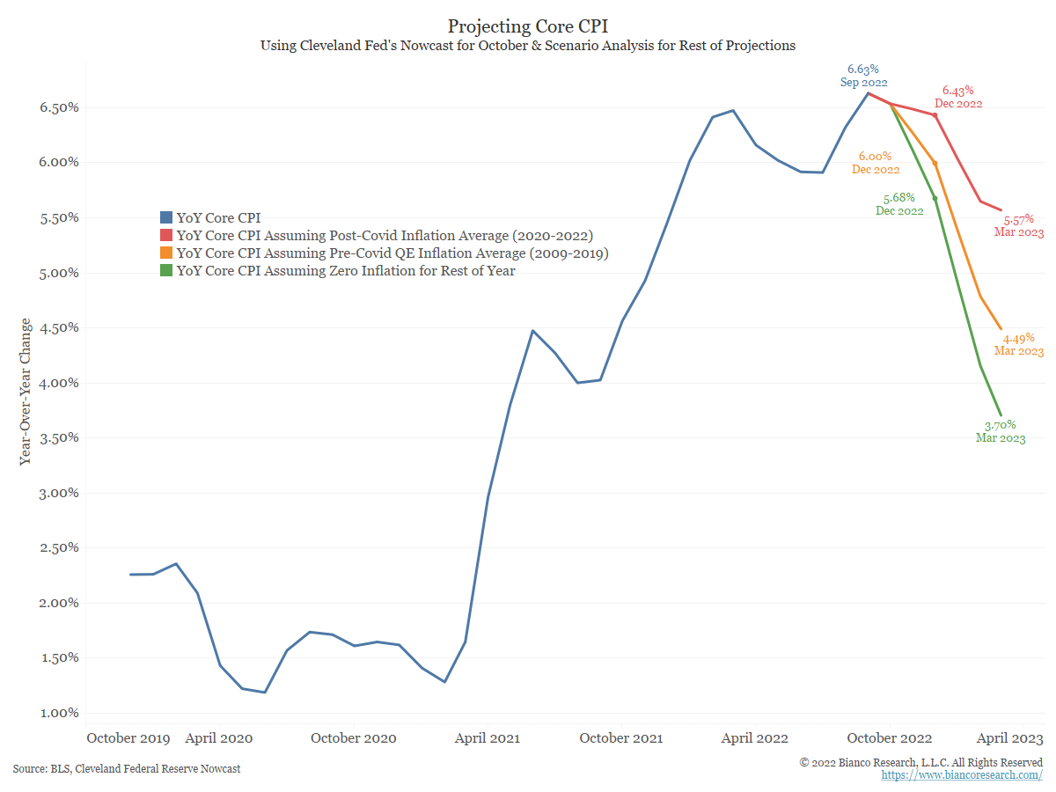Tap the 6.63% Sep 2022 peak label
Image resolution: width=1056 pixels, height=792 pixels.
(x=862, y=76)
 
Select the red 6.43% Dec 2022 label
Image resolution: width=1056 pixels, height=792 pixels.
(x=957, y=97)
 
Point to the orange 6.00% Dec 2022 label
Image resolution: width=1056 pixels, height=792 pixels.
(x=876, y=163)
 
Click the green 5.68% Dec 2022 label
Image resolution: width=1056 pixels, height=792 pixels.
(x=899, y=204)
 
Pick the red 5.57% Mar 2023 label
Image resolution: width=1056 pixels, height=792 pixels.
(x=1020, y=226)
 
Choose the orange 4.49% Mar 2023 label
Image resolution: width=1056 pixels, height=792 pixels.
(x=1019, y=344)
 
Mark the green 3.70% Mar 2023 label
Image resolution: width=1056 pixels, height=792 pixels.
(x=1001, y=431)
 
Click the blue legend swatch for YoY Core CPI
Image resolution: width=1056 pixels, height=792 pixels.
(x=165, y=217)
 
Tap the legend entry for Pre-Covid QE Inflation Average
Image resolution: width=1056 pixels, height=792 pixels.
(x=392, y=253)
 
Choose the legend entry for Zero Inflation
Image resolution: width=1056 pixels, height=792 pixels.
(x=346, y=271)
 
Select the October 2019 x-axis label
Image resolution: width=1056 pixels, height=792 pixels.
(x=129, y=738)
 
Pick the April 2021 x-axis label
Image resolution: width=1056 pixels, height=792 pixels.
(x=487, y=738)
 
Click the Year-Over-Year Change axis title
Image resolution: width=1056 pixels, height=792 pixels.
(x=26, y=392)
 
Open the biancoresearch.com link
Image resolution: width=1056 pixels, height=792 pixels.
(x=962, y=775)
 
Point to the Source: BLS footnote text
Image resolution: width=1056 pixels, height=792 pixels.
(x=127, y=769)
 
